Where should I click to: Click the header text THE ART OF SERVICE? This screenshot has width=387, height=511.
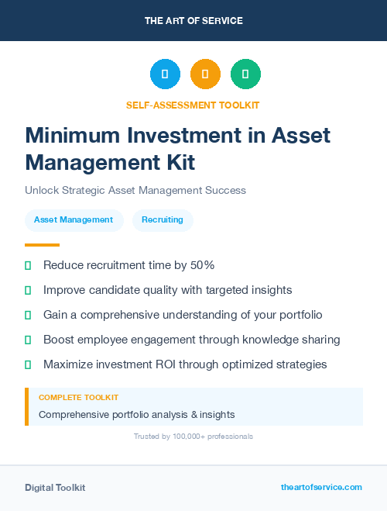point(193,21)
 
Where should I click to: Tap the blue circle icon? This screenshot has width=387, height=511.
point(165,74)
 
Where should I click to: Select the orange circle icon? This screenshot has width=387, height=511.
point(205,74)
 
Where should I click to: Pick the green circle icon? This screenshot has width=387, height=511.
point(245,74)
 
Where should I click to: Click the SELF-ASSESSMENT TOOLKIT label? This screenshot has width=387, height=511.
point(193,105)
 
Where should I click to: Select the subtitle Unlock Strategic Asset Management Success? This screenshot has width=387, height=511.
point(135,190)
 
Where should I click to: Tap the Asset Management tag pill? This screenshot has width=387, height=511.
point(74,220)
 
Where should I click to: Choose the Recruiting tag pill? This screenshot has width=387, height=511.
point(163,220)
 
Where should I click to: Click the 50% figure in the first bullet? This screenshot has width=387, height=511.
point(203,265)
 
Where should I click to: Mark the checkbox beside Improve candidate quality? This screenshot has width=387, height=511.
point(28,290)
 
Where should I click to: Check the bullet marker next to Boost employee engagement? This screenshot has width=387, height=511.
point(28,340)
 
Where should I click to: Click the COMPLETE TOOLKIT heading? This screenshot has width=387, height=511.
point(78,397)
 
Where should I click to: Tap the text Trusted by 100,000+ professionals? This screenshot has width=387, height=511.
point(193,437)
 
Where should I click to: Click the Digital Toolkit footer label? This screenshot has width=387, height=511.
point(55,488)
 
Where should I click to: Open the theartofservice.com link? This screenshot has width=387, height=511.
point(321,487)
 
